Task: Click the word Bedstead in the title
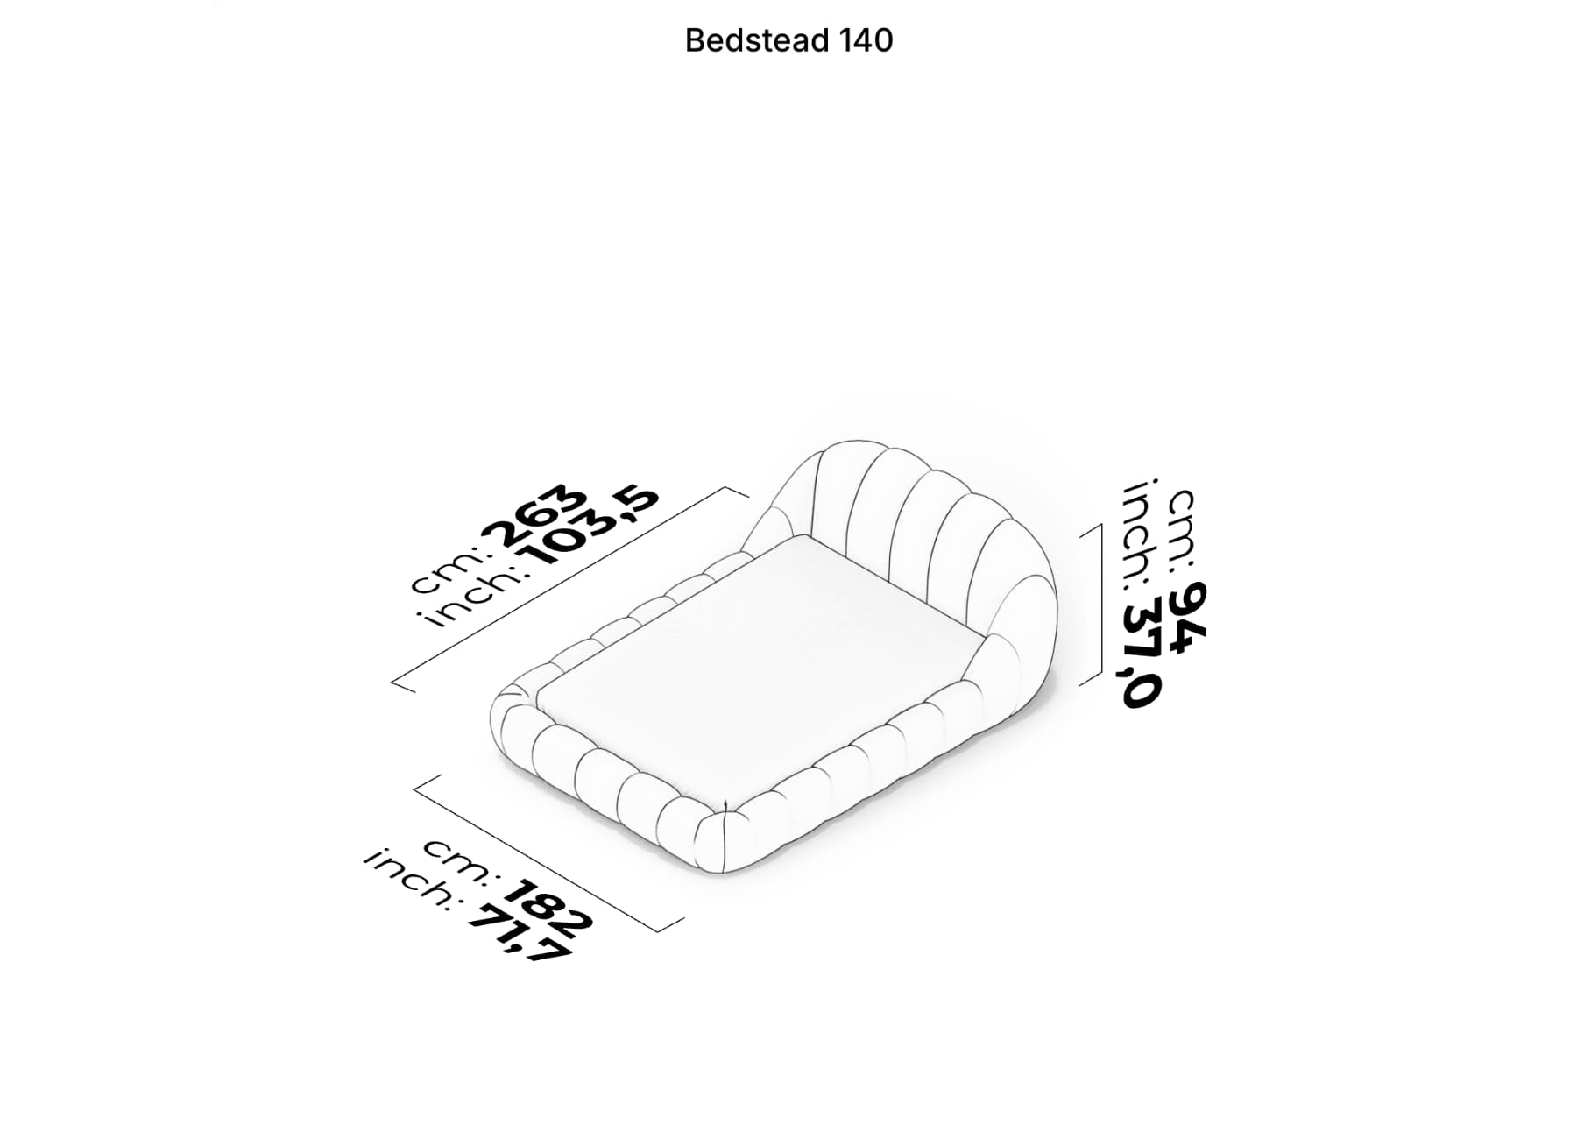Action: pos(758,40)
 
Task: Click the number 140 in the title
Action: pos(866,40)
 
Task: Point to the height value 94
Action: pos(1189,617)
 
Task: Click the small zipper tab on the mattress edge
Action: pos(727,803)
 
